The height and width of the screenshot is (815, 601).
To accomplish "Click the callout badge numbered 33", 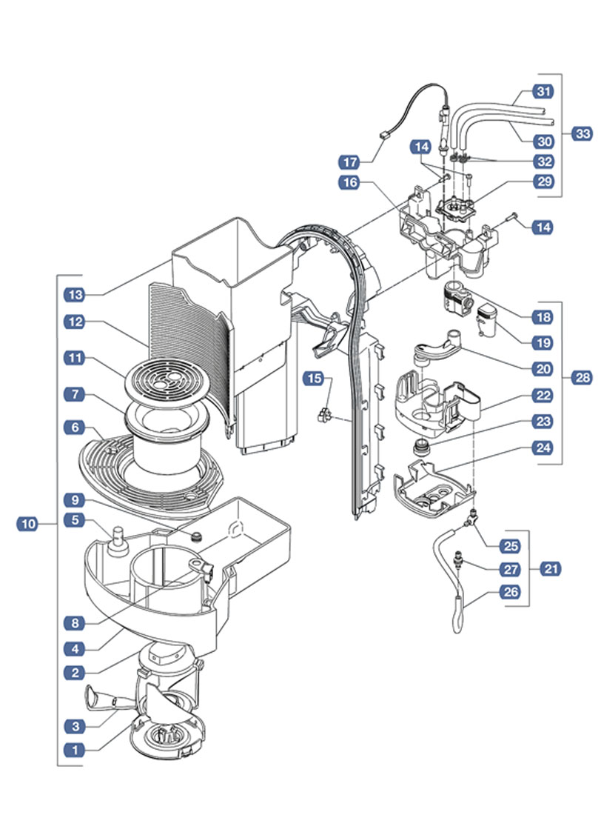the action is [582, 133].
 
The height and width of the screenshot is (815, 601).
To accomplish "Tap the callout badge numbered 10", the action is [28, 523].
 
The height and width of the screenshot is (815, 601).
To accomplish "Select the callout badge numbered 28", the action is [582, 377].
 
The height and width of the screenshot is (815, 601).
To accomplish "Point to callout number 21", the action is [551, 568].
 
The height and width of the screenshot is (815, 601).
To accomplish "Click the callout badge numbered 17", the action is [350, 162].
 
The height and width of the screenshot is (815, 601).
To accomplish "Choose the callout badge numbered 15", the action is [314, 379].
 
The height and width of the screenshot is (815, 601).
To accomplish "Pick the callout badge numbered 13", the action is [75, 295].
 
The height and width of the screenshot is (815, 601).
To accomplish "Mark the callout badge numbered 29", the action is [544, 182].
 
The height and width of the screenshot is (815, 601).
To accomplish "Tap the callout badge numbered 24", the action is [543, 448].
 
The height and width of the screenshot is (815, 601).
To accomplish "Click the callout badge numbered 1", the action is [75, 750].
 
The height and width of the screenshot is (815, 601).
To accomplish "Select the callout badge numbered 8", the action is [75, 622].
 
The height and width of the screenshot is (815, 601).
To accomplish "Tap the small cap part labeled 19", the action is [487, 321].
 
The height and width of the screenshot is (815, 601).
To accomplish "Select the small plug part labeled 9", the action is [196, 536].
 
